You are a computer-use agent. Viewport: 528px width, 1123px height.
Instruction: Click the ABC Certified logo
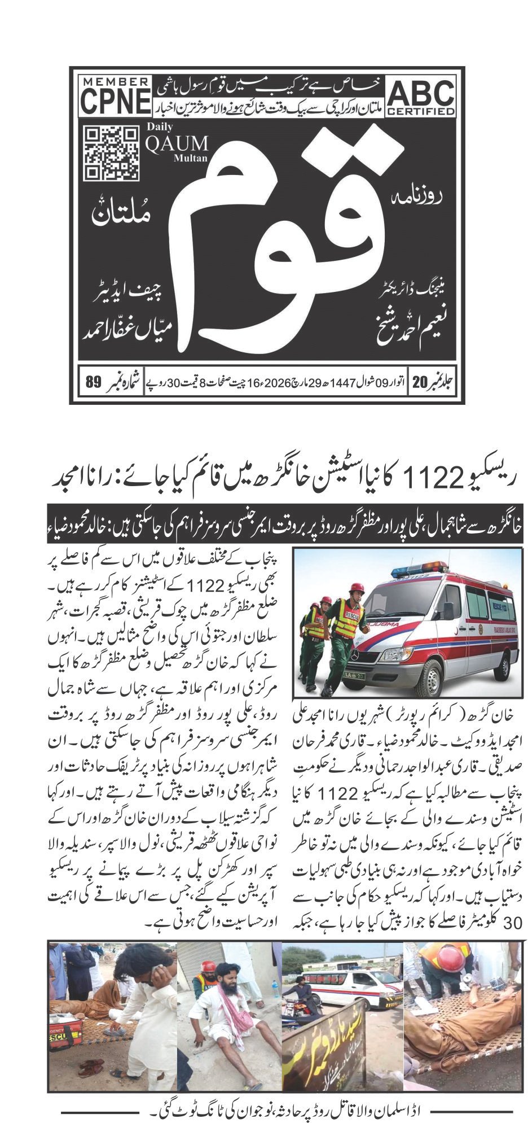pos(421,97)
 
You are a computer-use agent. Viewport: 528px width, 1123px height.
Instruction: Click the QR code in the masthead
pos(111,152)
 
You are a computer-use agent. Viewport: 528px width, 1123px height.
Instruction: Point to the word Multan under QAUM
pos(191,159)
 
